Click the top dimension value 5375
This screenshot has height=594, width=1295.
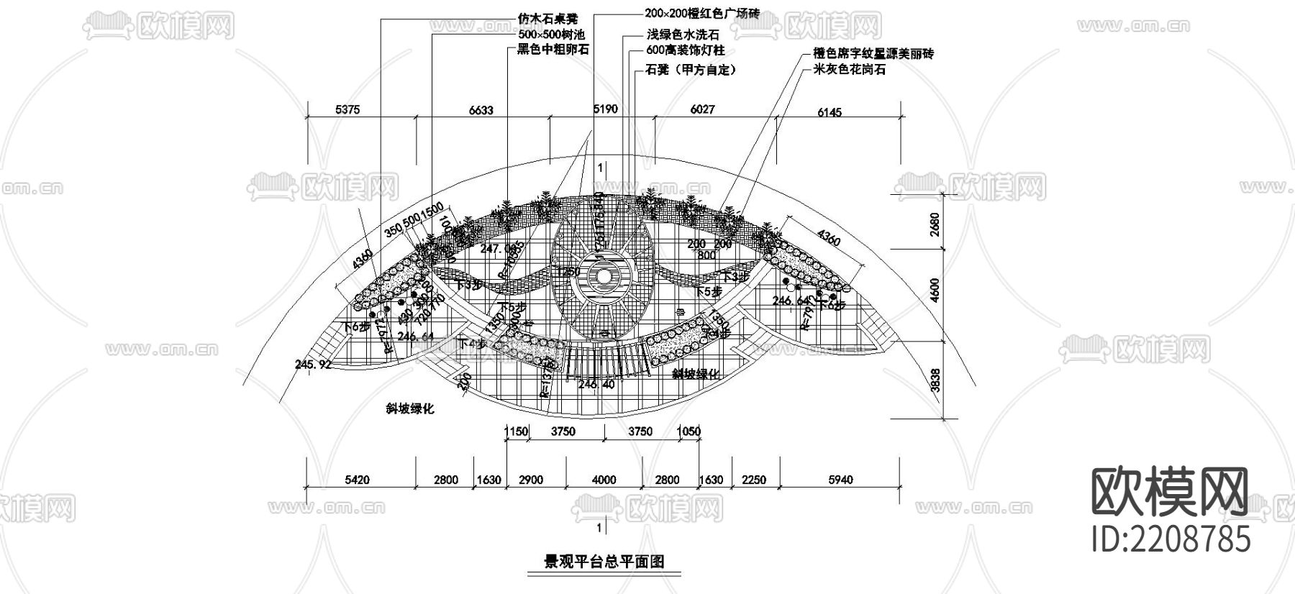tap(347, 110)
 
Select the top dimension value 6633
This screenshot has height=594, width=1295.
tap(481, 110)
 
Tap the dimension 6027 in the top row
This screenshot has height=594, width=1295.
tap(703, 109)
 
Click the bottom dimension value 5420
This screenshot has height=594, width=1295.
tap(358, 480)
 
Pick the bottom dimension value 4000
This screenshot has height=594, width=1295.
tap(604, 480)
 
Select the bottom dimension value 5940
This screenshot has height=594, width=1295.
tap(840, 480)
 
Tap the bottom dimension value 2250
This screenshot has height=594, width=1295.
tap(754, 480)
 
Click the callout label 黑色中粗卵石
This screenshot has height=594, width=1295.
tap(553, 50)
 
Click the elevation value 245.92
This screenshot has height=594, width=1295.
tap(313, 365)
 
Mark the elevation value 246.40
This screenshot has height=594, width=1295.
tap(596, 385)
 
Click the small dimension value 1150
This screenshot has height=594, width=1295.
tap(516, 431)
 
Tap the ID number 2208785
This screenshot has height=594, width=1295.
tap(1171, 539)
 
